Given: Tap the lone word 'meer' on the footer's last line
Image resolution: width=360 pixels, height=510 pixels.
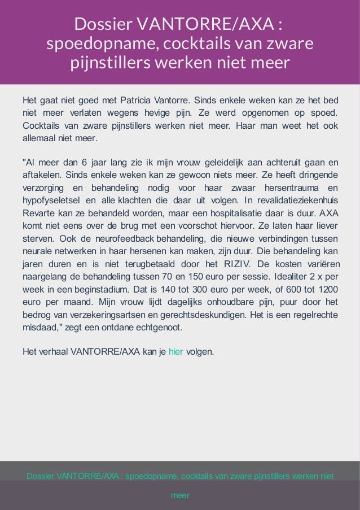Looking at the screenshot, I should coord(180,495).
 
